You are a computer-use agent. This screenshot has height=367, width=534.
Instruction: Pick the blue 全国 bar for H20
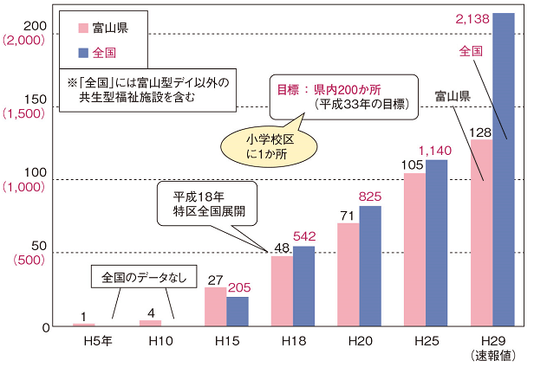pos(371,265)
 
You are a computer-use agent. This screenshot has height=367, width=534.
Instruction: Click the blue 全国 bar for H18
pos(304,286)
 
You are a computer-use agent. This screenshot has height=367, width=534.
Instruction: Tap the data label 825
pos(371,196)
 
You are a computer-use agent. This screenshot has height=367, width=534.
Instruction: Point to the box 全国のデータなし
pos(144,278)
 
